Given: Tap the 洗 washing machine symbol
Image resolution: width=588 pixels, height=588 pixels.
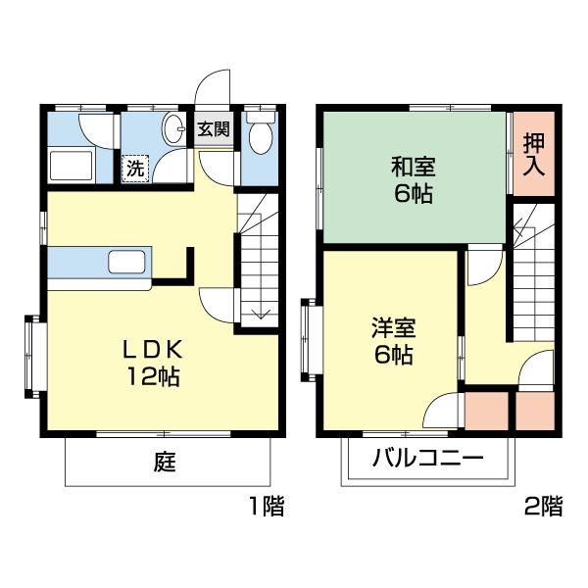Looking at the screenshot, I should pos(135,167).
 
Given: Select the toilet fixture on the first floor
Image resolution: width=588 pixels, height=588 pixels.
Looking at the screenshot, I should pos(260,136).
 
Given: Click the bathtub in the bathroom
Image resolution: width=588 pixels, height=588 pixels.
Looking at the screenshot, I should pos(70,166).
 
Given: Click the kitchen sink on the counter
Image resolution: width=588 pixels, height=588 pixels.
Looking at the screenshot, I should pos(127,263).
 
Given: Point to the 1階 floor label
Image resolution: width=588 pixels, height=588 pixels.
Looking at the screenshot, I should pos(265,507).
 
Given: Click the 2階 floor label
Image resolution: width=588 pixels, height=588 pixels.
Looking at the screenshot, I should pos(544,507).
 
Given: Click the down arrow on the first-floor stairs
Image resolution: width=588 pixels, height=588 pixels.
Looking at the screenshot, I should pos(261,313).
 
